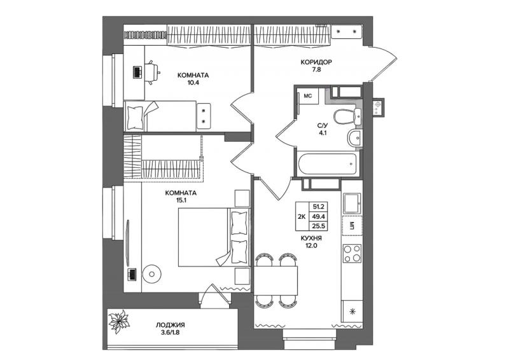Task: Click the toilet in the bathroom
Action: pos(347,116)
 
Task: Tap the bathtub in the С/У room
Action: pos(327,164)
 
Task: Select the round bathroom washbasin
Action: pos(354,138)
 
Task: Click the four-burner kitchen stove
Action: pos(352,253)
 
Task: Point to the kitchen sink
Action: pos(352,203)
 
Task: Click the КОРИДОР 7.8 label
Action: pos(316,66)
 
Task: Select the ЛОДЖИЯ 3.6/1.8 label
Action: pos(170,328)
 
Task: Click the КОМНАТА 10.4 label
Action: pos(193,79)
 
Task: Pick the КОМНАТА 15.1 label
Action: pos(181,197)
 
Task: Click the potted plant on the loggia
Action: pos(119,322)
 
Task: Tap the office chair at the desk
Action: pos(152,73)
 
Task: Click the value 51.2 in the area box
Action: pos(319,206)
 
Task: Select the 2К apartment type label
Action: pos(302,216)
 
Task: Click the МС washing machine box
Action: pos(307,96)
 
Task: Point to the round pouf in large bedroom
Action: pos(151,274)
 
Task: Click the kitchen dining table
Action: pos(276,280)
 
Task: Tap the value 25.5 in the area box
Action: pos(319,226)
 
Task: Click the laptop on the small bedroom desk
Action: pos(137,72)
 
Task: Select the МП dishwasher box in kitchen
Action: pos(352,225)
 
